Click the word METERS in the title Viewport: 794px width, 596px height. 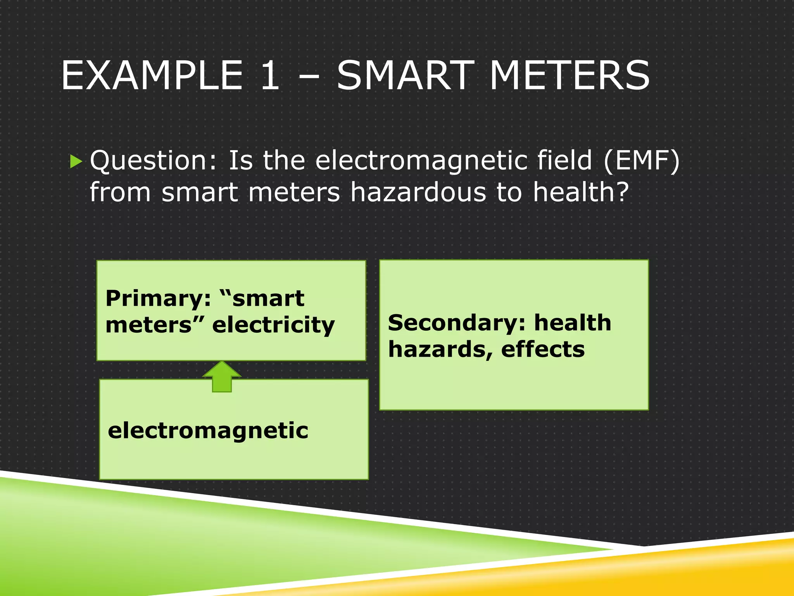click(570, 76)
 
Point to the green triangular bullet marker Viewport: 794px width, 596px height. click(76, 161)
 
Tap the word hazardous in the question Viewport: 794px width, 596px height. click(418, 192)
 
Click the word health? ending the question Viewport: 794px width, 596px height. click(580, 192)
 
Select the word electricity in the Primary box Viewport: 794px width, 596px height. click(273, 325)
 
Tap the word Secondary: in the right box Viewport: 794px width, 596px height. click(456, 323)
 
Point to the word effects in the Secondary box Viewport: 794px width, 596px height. click(543, 350)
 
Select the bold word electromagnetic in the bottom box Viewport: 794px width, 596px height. click(208, 431)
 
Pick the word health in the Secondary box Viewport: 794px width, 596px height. click(573, 323)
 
